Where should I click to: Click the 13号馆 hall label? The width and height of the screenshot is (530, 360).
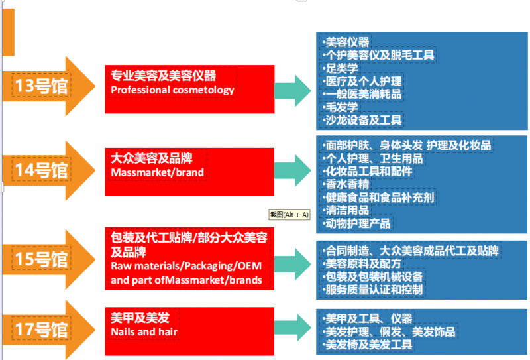point(41,86)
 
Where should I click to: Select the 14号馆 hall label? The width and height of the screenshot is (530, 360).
point(41,170)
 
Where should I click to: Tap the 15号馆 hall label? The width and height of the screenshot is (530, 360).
point(41,259)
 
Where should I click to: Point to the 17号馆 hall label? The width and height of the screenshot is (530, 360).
point(41,329)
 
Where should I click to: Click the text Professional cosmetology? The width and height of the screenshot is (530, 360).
point(172,90)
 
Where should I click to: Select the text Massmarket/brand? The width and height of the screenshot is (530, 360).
point(157,172)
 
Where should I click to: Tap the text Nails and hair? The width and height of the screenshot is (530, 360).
point(144,332)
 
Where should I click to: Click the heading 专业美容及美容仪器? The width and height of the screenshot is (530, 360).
point(163,76)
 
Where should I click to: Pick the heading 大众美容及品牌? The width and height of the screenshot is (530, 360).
point(152,158)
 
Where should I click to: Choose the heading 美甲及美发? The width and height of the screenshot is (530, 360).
point(140,318)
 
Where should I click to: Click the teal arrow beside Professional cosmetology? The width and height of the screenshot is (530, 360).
point(293,91)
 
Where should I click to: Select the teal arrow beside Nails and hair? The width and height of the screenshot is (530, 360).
point(293,327)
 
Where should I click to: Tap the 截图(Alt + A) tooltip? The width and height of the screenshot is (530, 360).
point(290,215)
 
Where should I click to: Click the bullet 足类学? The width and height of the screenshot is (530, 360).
point(341,68)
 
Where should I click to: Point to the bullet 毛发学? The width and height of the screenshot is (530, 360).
point(341,107)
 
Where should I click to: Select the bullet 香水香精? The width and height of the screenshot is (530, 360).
point(346,184)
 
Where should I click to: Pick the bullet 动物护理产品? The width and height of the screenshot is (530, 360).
point(357,223)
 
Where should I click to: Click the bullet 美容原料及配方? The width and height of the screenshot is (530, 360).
point(362,264)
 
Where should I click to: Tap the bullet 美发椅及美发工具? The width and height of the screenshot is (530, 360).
point(368,345)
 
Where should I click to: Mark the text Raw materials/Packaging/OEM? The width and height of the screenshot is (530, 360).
point(186,266)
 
